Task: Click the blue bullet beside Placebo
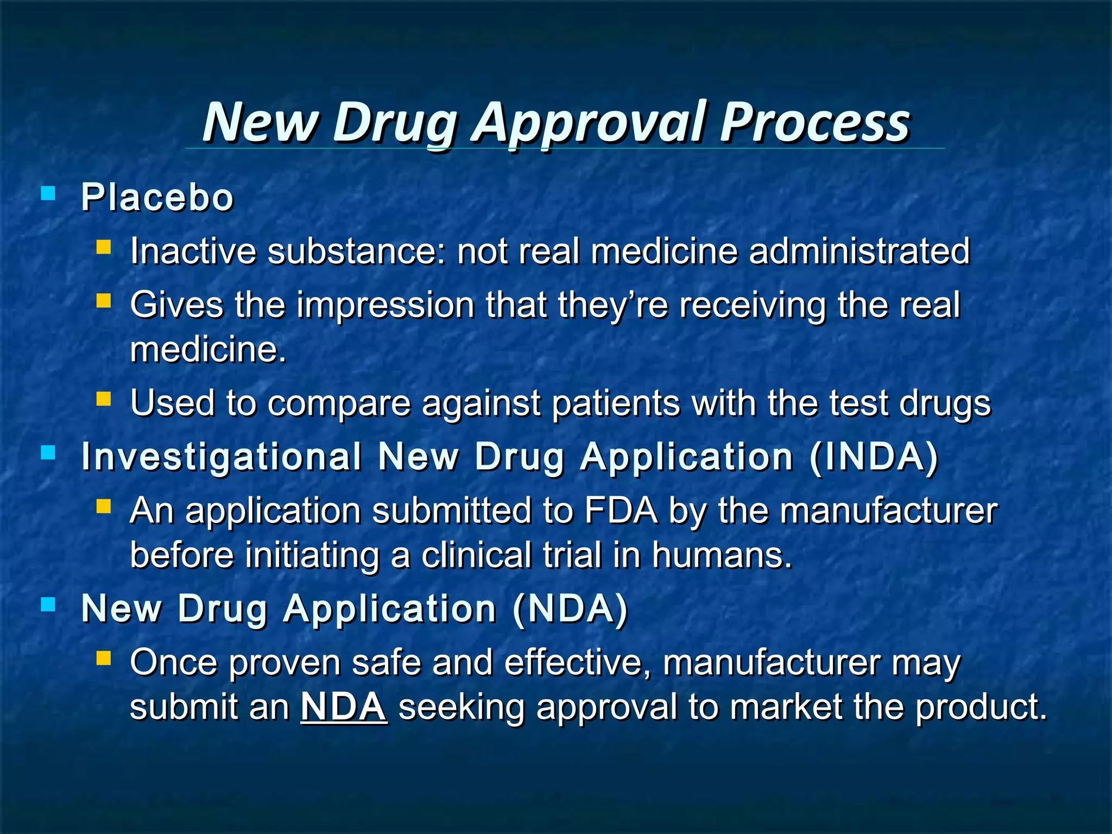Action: click(x=48, y=193)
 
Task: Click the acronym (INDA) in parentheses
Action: click(x=874, y=457)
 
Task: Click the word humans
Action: click(x=722, y=555)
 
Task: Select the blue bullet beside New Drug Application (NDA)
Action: click(x=48, y=604)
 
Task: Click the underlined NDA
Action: click(x=344, y=706)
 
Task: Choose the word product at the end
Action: click(x=981, y=706)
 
